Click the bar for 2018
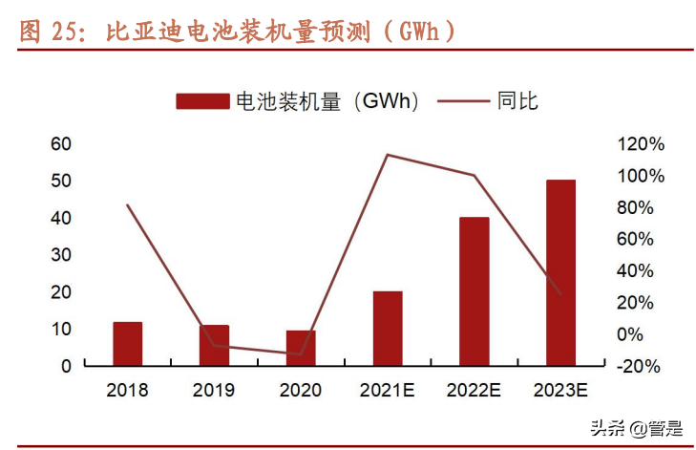pyautogui.click(x=128, y=344)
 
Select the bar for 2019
pyautogui.click(x=214, y=346)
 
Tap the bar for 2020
pyautogui.click(x=301, y=348)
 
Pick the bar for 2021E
pyautogui.click(x=388, y=329)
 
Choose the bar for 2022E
pyautogui.click(x=475, y=291)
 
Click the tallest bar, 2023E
pyautogui.click(x=560, y=272)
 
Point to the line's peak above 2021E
pyautogui.click(x=387, y=155)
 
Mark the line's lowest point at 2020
pyautogui.click(x=301, y=354)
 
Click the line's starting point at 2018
pyautogui.click(x=128, y=204)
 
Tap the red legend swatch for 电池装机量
pyautogui.click(x=202, y=101)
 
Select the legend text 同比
pyautogui.click(x=518, y=101)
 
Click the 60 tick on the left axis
pyautogui.click(x=61, y=144)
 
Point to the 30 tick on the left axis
pyautogui.click(x=61, y=255)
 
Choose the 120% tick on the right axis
pyautogui.click(x=641, y=144)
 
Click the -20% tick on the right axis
pyautogui.click(x=641, y=366)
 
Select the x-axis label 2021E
pyautogui.click(x=387, y=390)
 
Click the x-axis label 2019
pyautogui.click(x=214, y=390)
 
